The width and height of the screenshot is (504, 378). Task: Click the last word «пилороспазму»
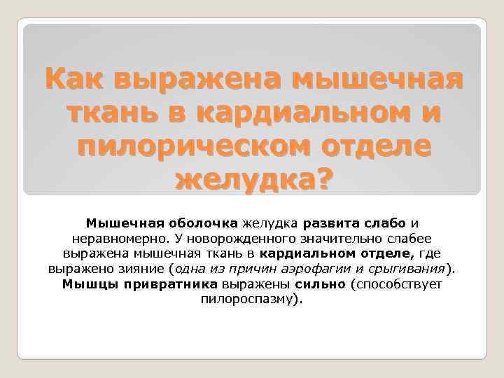[x=249, y=300]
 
